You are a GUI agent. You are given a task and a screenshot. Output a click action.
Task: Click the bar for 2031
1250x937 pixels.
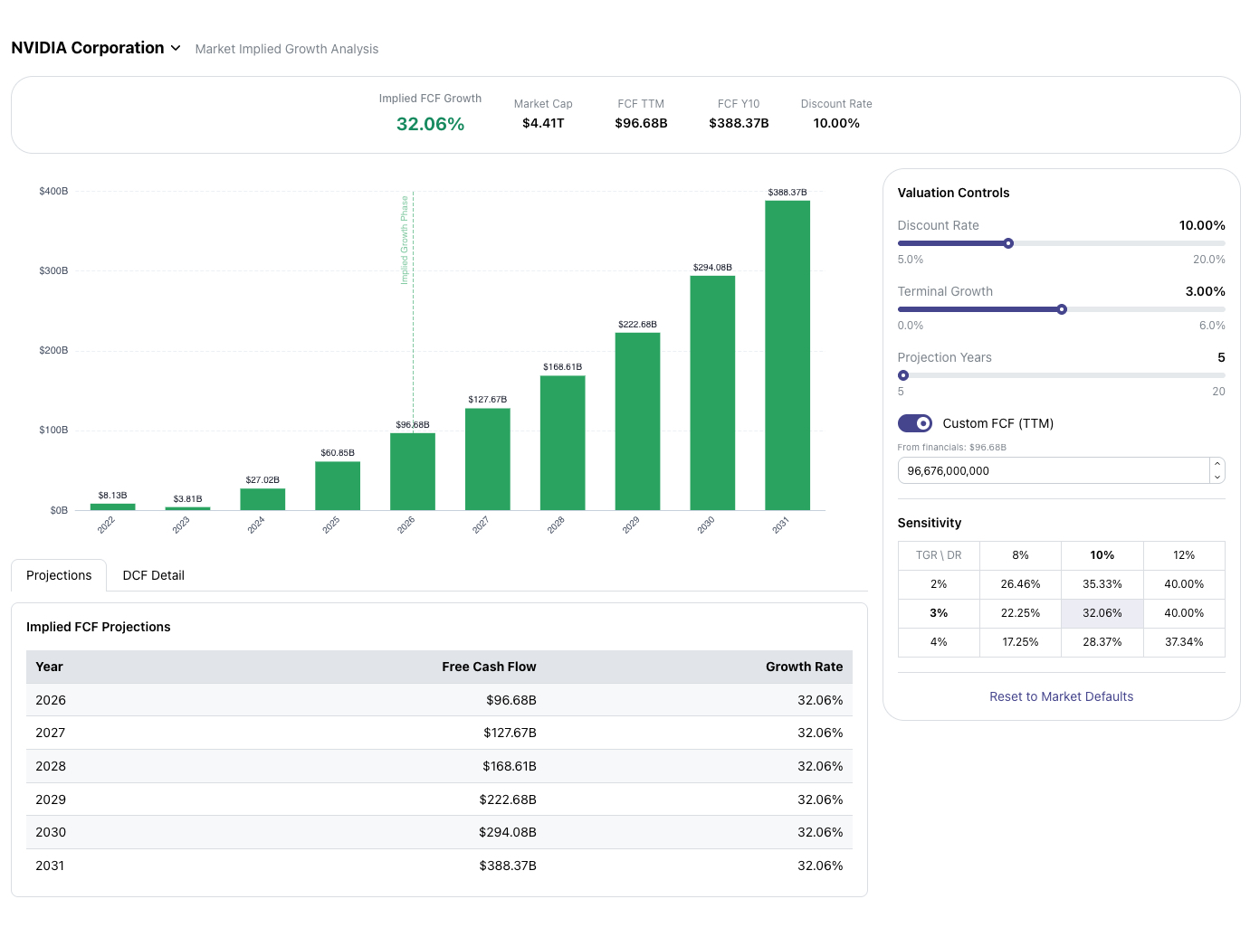[787, 355]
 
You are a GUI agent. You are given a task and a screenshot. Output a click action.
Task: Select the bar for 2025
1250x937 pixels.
[338, 486]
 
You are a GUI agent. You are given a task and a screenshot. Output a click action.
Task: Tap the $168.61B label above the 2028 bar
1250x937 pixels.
[562, 367]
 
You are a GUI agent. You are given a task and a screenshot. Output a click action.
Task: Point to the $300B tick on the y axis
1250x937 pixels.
[53, 271]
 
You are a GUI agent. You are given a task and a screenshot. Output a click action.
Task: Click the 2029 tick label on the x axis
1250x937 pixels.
[631, 525]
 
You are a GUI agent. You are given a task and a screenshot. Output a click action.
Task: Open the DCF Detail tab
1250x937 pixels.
[153, 575]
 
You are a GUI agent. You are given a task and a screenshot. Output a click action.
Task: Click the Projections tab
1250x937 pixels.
[59, 575]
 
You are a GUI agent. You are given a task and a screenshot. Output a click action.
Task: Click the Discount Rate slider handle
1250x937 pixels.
[1008, 243]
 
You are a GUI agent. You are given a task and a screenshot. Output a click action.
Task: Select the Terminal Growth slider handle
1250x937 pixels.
[1062, 309]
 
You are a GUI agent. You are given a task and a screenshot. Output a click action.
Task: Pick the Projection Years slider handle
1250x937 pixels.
[903, 375]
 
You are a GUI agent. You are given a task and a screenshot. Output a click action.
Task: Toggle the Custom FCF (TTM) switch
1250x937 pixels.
[914, 423]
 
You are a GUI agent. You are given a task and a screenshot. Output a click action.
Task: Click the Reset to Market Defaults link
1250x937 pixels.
[1061, 696]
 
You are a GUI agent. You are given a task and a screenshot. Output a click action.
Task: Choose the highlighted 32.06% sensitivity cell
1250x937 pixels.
[1102, 613]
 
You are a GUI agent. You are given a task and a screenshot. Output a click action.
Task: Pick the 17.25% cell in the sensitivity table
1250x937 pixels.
[1020, 642]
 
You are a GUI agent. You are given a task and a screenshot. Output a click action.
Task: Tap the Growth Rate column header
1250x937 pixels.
[804, 667]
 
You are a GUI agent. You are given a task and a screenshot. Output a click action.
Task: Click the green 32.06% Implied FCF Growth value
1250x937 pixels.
[430, 124]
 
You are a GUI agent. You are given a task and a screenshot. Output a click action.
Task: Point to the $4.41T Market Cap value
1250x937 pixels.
[543, 123]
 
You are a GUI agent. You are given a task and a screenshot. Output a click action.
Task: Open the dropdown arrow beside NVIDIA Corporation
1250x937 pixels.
[176, 48]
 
